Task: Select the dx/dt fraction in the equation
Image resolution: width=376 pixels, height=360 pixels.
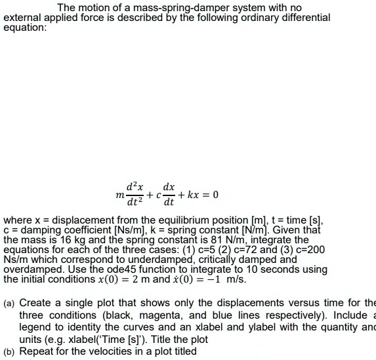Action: [x=167, y=195]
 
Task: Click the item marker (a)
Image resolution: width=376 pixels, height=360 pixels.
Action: [x=10, y=303]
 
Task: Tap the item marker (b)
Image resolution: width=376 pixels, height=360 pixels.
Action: [x=10, y=351]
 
